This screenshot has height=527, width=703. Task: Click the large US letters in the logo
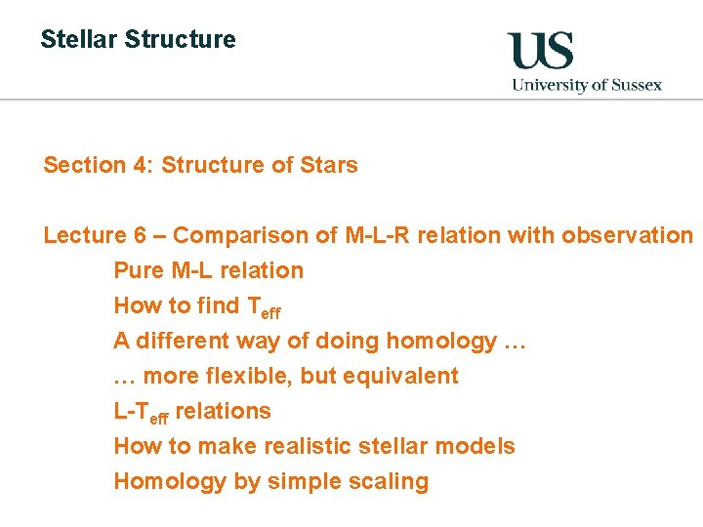coord(540,50)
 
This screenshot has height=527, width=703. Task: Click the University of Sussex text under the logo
coord(587,85)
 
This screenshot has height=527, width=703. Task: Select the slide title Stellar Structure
coord(138,40)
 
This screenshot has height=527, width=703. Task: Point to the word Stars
coord(328,165)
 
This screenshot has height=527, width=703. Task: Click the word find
coord(218,305)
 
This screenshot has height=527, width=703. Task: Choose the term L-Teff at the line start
coord(141,412)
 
